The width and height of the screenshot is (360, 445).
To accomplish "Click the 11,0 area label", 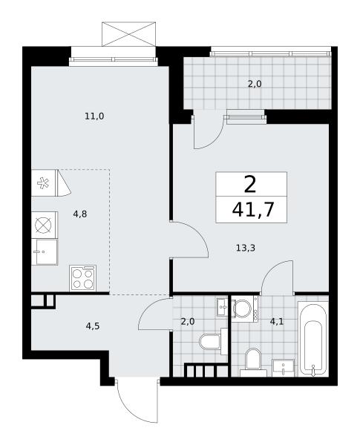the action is [x=94, y=116].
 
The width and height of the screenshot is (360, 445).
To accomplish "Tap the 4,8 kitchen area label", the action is [x=80, y=214].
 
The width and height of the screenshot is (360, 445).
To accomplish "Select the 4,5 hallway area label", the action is [x=93, y=326].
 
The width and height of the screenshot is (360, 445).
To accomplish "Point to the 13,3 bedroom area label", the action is [x=246, y=248].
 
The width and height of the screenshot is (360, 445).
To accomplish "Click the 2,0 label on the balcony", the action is [x=255, y=84].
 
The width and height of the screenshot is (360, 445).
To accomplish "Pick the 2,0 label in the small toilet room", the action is [x=188, y=322].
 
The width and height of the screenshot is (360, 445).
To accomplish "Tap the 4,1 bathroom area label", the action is [x=277, y=322].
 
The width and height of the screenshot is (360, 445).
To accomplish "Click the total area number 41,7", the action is [x=253, y=210].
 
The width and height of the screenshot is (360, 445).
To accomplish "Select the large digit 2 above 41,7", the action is [x=250, y=184].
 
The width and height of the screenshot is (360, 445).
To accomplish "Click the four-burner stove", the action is [x=83, y=278].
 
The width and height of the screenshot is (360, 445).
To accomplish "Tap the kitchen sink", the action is [x=45, y=252].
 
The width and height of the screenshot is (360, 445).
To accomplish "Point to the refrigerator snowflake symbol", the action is [x=43, y=183].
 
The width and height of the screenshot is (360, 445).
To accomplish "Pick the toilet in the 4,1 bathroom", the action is [x=252, y=363].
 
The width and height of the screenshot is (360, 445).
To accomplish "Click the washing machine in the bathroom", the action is [x=245, y=309].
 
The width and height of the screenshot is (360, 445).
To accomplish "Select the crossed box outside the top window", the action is [x=128, y=34].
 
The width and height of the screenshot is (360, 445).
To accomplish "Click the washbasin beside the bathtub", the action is [x=283, y=368].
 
